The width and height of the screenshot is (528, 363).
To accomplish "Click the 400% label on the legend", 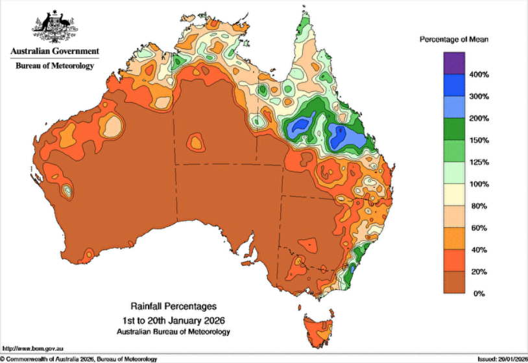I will click(x=479, y=75).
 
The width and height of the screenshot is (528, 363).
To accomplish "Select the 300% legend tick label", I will click(x=479, y=97).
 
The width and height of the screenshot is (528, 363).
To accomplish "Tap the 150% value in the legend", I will click(x=479, y=140).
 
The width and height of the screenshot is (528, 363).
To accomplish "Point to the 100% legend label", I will click(x=479, y=184).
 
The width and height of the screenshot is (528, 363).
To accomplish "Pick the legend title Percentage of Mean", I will click(x=453, y=40).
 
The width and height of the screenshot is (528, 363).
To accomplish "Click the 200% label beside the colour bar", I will click(x=479, y=119).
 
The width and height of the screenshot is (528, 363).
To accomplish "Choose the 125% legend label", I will click(x=479, y=162).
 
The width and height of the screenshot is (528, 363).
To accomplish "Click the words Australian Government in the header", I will click(x=54, y=51).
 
